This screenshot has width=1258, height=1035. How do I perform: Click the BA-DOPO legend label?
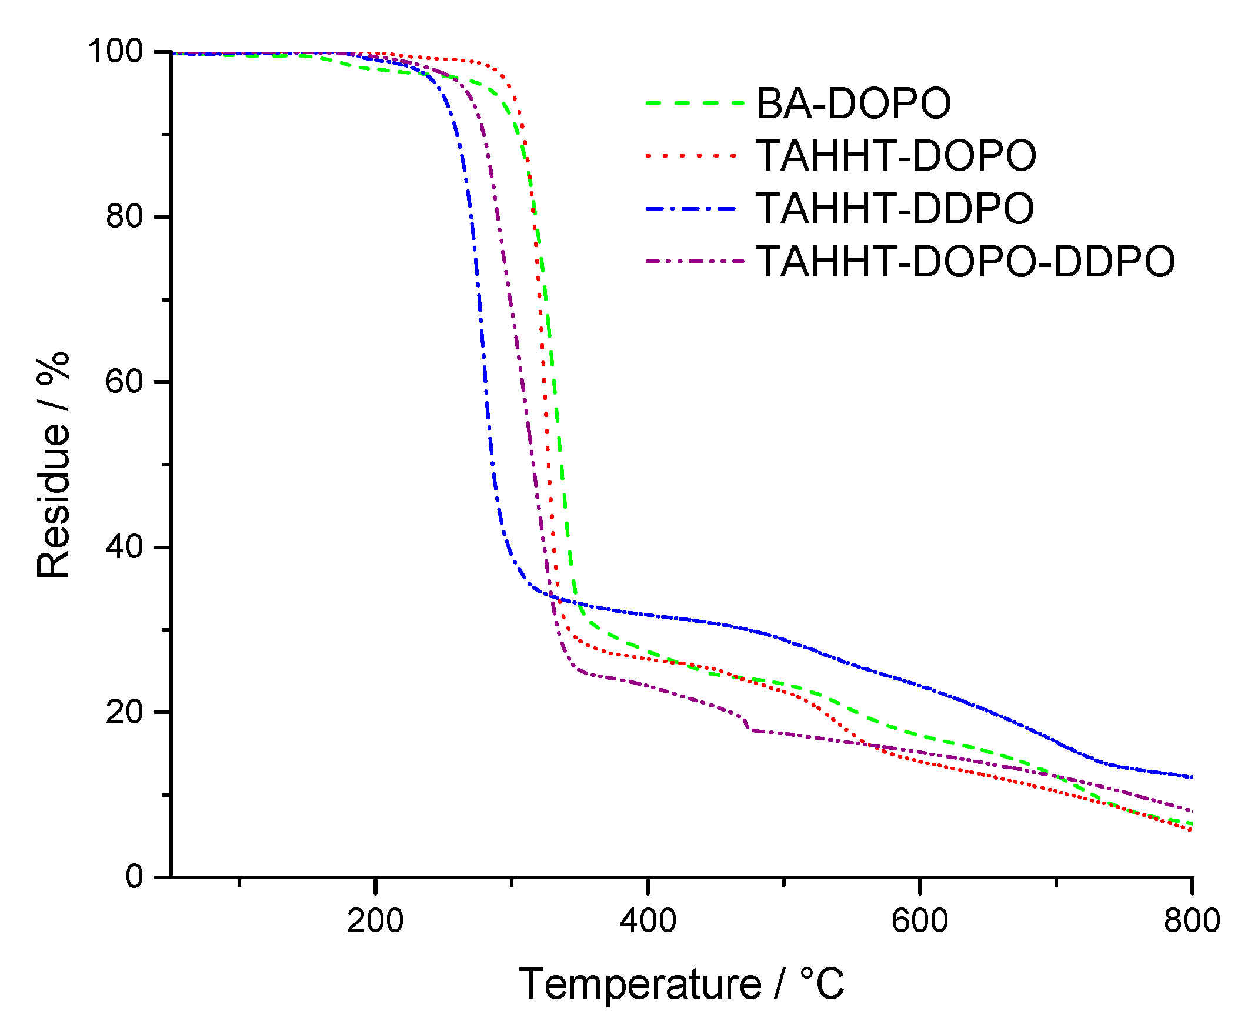click(853, 103)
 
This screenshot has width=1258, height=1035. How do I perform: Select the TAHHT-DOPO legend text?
click(896, 156)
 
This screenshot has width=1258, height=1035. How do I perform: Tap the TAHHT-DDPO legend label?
click(895, 208)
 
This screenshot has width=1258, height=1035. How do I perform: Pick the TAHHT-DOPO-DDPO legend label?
click(965, 261)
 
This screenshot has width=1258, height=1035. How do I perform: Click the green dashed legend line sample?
click(695, 103)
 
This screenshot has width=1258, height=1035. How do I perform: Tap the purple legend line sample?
click(695, 261)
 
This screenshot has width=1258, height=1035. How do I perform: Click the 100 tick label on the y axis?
click(116, 51)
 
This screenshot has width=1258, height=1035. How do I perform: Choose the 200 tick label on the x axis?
click(375, 920)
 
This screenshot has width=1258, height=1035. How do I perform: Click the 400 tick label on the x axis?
click(648, 920)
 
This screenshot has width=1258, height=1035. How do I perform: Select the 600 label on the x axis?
click(919, 920)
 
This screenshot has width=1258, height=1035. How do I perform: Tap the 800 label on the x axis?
click(1191, 920)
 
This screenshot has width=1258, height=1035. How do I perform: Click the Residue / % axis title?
click(53, 465)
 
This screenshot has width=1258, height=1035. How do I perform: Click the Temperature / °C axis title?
click(682, 984)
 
